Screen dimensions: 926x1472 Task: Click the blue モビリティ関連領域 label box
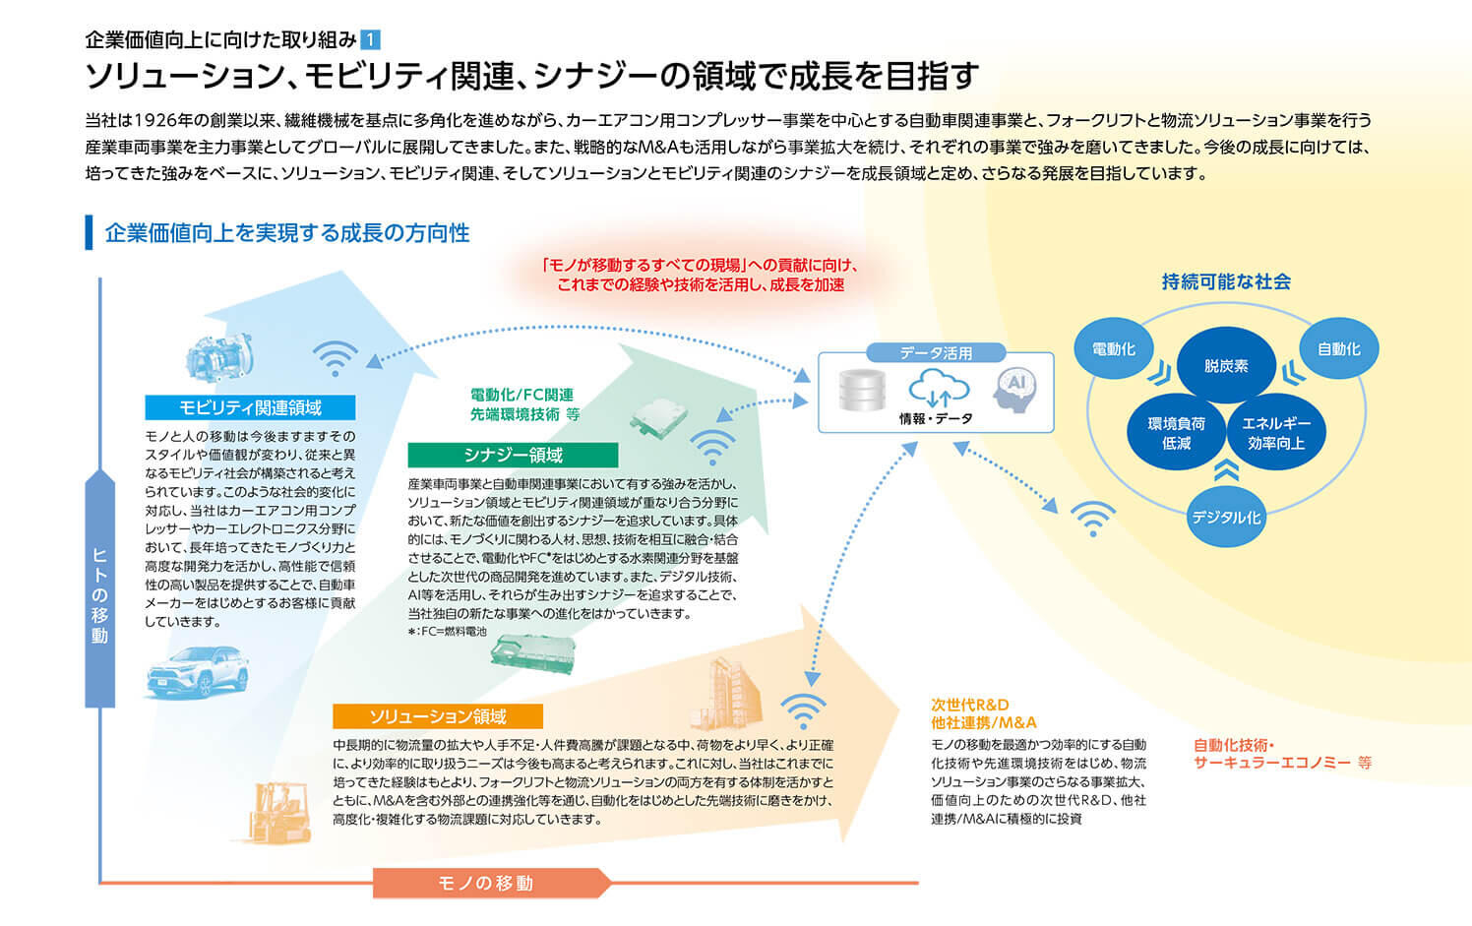point(250,407)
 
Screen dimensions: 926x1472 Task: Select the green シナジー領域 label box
point(513,455)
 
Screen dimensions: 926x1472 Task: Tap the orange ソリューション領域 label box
point(438,716)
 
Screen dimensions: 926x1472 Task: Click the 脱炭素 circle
point(1226,365)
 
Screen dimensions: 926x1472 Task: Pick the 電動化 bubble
point(1114,349)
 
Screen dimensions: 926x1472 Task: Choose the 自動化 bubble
point(1338,349)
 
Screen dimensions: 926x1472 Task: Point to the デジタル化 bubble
point(1226,517)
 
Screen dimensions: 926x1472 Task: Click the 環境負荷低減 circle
point(1177,433)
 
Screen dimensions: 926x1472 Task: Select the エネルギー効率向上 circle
point(1276,433)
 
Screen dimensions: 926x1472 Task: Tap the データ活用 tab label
point(936,352)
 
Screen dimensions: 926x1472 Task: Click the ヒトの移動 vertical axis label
point(99,590)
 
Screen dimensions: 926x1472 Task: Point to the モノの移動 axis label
point(486,883)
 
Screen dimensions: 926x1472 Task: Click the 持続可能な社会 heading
point(1226,282)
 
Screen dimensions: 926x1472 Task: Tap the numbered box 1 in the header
point(371,40)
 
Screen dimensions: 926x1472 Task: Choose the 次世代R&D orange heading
point(971,705)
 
